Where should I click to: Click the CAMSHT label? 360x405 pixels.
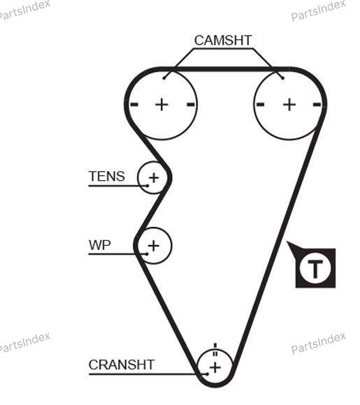click(223, 40)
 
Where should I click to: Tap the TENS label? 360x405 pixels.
click(107, 176)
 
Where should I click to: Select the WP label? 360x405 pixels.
click(99, 245)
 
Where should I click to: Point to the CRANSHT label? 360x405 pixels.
click(122, 364)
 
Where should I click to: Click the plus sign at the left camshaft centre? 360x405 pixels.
click(161, 105)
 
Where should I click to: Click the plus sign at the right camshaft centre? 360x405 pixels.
click(289, 105)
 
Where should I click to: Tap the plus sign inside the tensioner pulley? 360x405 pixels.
click(154, 177)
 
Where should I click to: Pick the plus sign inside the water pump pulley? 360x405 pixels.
click(154, 246)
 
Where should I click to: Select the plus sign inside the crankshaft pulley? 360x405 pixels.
click(215, 367)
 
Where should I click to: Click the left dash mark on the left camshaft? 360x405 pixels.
click(134, 105)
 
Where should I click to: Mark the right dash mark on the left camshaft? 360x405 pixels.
click(191, 105)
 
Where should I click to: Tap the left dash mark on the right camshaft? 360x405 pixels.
click(260, 105)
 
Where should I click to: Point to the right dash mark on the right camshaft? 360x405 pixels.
click(317, 105)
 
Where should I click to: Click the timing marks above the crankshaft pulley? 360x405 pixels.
click(215, 350)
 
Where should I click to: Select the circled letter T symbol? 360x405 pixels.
click(315, 268)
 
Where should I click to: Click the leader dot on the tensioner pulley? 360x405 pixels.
click(147, 186)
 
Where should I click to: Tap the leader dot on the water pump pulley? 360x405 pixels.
click(147, 254)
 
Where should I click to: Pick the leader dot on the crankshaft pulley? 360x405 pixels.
click(207, 374)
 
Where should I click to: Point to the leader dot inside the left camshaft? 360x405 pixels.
click(164, 78)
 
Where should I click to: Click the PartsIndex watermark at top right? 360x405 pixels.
click(318, 10)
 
